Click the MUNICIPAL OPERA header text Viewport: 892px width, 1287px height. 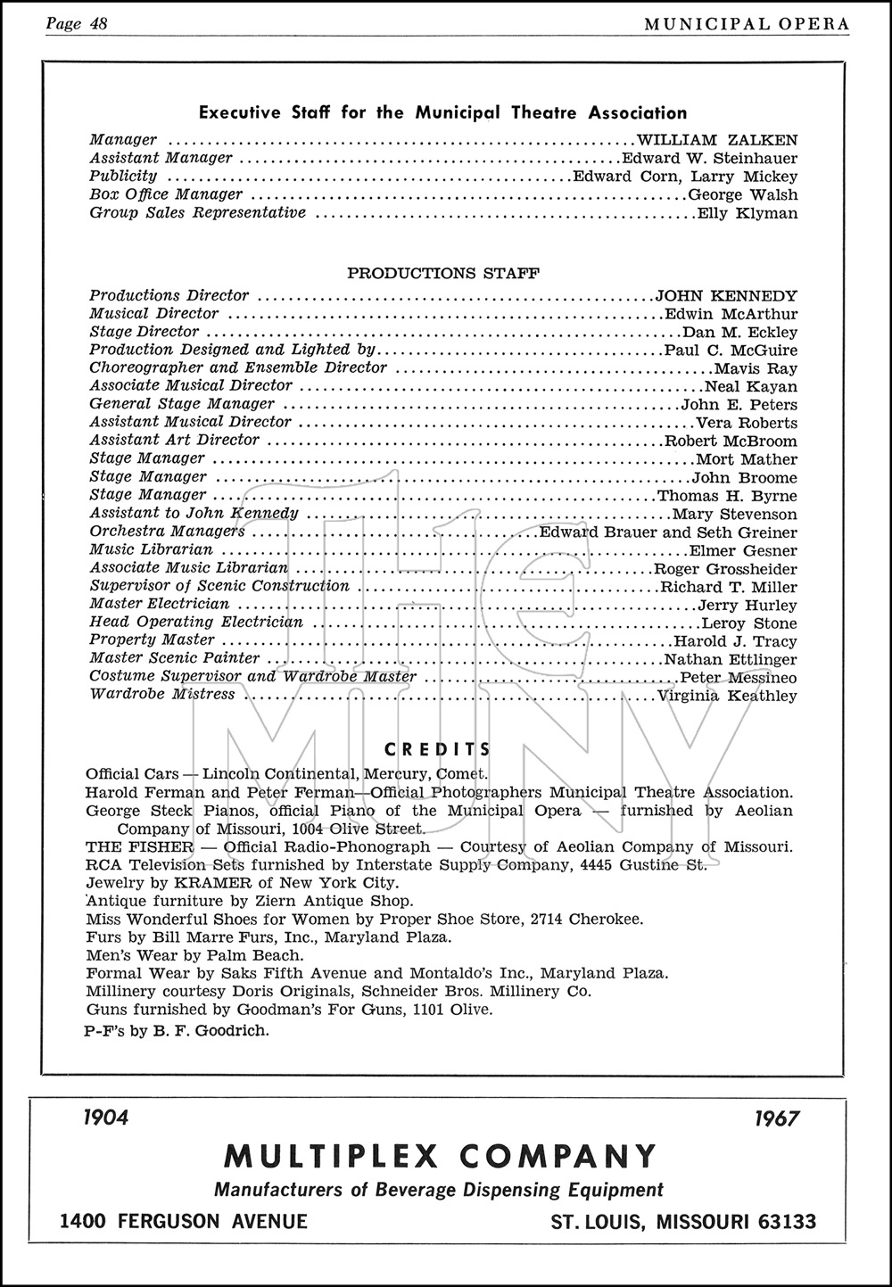tap(747, 24)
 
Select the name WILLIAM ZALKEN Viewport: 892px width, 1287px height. tap(717, 140)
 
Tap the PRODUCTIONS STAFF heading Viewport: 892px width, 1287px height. tap(442, 274)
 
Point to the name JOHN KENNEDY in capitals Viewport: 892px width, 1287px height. tap(726, 296)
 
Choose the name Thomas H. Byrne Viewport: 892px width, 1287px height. tap(727, 496)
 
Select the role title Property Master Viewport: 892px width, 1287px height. tap(152, 640)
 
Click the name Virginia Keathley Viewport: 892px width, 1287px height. tap(727, 696)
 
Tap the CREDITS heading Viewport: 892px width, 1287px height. tap(437, 750)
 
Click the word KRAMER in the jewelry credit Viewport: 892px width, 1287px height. tap(189, 883)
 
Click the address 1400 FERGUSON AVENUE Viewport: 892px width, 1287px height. tap(184, 1222)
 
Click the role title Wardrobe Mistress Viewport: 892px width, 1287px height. tap(162, 695)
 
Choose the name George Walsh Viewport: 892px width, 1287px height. tap(743, 194)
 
